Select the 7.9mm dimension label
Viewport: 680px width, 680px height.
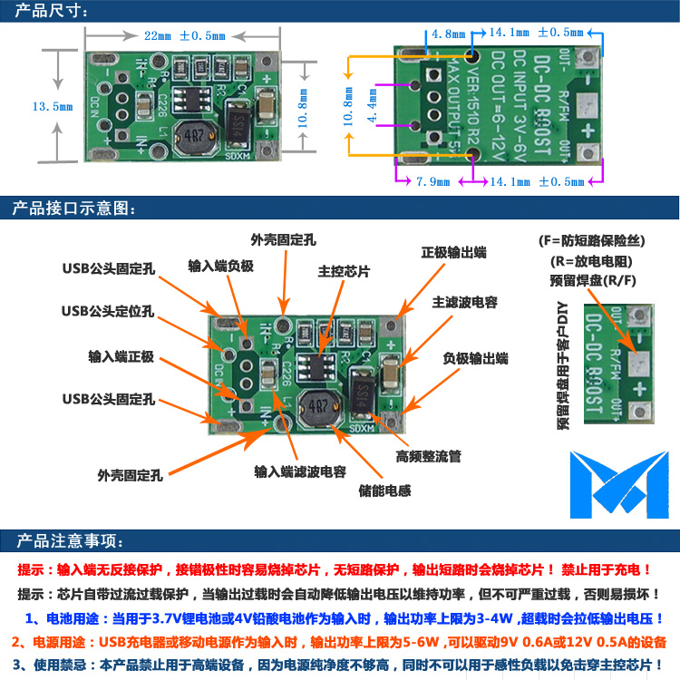[x=432, y=181]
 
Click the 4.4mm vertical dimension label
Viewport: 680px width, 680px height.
[x=372, y=106]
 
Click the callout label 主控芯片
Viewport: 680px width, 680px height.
[x=344, y=270]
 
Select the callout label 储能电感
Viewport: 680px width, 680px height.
[x=385, y=490]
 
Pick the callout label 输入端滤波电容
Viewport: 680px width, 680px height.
[x=299, y=471]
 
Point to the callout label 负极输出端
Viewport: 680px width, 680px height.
[x=475, y=358]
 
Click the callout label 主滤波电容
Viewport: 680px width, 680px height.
[x=464, y=302]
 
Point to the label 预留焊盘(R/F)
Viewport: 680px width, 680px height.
[x=593, y=279]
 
